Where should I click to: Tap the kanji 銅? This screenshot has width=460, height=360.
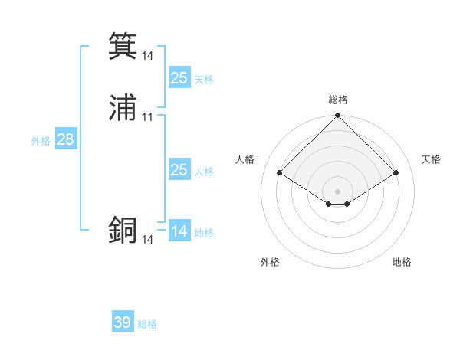point(123,231)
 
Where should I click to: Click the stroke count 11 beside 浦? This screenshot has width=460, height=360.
point(148,117)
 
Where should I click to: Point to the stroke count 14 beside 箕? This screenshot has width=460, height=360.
point(148,55)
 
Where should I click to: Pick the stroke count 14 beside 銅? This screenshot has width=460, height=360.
point(148,240)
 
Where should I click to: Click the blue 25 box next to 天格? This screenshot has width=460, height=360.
point(179,78)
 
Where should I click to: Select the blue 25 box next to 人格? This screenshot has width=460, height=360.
point(179,170)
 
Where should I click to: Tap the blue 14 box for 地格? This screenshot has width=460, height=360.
point(179,231)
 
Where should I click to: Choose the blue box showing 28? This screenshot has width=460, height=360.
point(65,139)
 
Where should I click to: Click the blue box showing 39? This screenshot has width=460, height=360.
point(123,322)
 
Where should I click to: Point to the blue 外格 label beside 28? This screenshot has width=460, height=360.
point(41,141)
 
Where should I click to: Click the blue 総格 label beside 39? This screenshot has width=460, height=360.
point(147,324)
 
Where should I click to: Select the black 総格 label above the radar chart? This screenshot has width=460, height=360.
point(338,100)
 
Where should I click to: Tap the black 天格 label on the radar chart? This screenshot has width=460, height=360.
point(431,159)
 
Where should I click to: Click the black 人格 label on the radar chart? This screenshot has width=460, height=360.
point(245,159)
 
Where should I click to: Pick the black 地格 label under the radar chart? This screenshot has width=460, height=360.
point(402,262)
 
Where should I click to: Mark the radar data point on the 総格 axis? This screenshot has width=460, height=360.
point(338,116)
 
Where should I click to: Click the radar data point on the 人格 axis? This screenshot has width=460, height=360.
point(280,173)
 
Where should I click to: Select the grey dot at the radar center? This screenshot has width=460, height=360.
point(338,191)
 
